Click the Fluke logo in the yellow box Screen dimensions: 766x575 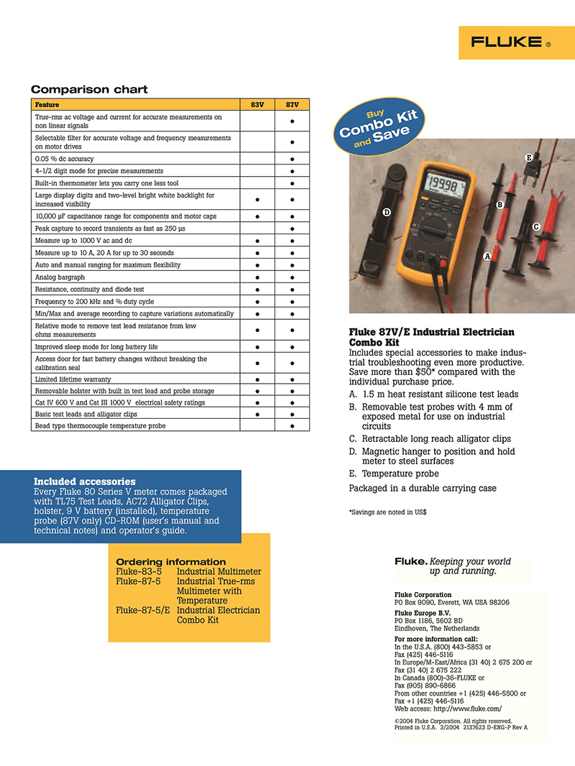[x=511, y=42]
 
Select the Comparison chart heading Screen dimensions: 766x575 [x=89, y=90]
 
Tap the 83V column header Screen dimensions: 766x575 [x=257, y=105]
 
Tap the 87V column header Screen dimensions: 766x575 [x=293, y=105]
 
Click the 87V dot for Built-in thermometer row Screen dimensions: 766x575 [x=293, y=183]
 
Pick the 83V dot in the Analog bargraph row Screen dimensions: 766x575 [x=257, y=277]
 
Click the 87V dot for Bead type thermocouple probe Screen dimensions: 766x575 [x=293, y=426]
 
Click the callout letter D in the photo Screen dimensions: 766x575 [x=387, y=212]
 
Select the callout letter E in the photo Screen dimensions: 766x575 [x=528, y=157]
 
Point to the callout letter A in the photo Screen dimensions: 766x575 [x=488, y=256]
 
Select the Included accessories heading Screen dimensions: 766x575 [x=84, y=481]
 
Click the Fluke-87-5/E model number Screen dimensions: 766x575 [x=143, y=610]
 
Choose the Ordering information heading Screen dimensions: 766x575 [x=171, y=562]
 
